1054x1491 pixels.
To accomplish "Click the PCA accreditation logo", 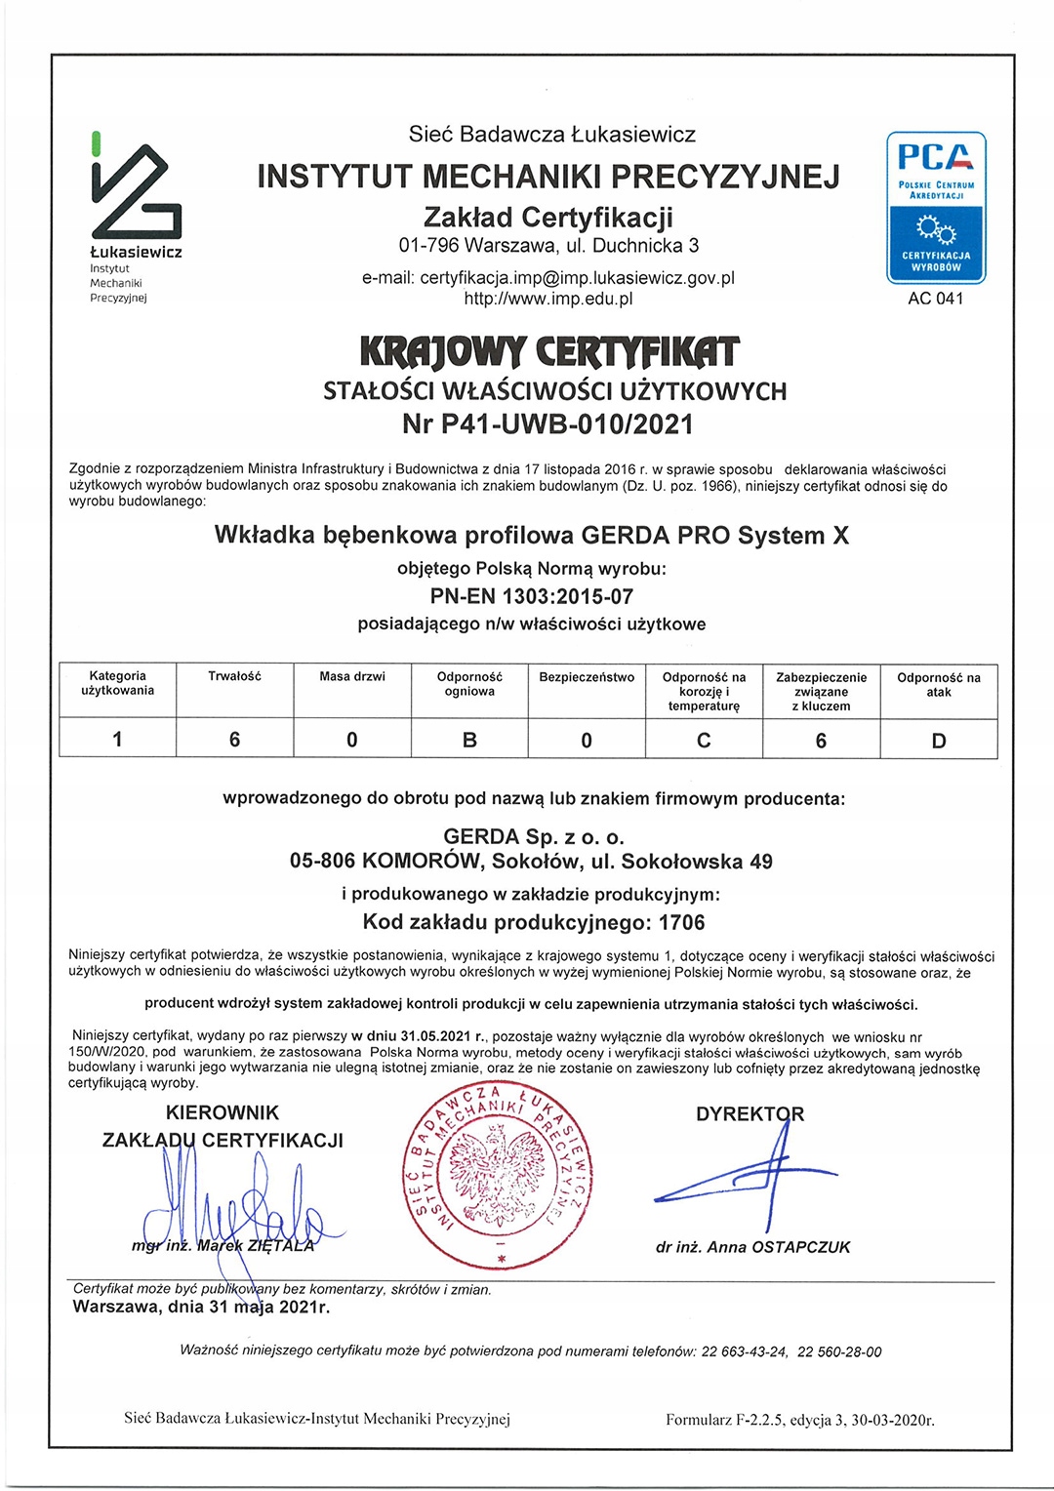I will click(936, 207).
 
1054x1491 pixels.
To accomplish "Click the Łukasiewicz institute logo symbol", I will click(136, 191).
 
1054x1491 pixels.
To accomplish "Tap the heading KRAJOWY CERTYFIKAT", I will click(549, 351).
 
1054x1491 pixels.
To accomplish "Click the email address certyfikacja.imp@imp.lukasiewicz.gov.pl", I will click(577, 278).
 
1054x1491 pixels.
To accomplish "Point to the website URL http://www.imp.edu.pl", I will click(547, 299).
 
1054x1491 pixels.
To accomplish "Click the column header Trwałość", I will click(234, 676).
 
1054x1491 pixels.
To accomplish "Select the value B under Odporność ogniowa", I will click(469, 740).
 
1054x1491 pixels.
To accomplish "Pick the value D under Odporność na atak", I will click(939, 741).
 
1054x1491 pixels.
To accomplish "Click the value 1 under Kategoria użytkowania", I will click(118, 739).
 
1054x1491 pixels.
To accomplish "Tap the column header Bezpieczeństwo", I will click(587, 677).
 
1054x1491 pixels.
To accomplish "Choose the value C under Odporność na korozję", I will click(704, 741).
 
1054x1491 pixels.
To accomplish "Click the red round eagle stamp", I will click(499, 1179).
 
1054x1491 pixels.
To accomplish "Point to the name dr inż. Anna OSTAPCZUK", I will click(752, 1247).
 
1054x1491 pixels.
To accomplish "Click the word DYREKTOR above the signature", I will click(750, 1114).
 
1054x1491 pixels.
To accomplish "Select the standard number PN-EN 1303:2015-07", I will click(532, 596).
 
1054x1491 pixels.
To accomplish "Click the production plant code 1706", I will click(681, 922).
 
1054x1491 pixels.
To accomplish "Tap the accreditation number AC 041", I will click(935, 299).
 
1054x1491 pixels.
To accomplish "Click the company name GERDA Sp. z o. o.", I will click(533, 836).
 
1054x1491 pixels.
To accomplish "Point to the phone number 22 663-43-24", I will click(744, 1351).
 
